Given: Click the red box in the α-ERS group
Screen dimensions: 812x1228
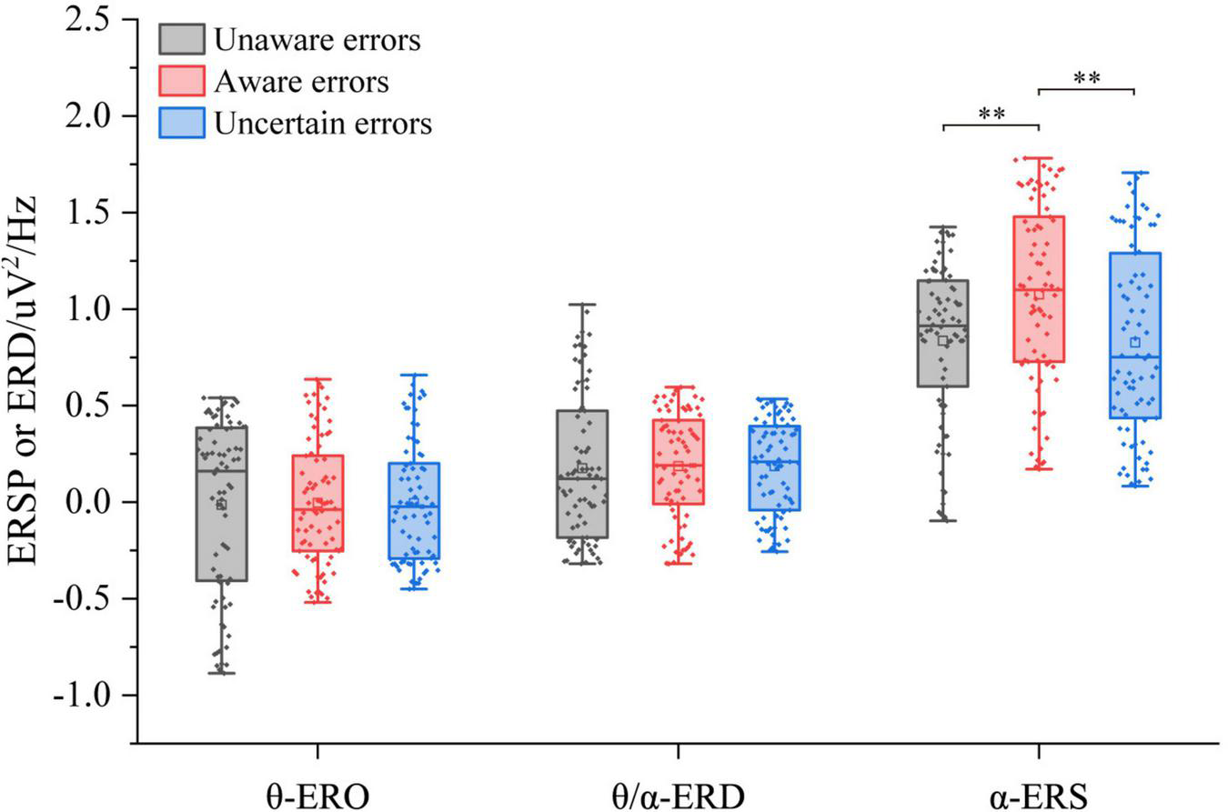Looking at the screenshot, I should point(1039,289).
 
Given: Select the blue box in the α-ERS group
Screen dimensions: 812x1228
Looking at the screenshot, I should point(1134,335).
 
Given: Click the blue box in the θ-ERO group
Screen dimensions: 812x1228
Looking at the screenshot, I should point(414,510).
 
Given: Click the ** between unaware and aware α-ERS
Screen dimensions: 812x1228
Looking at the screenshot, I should point(991,115).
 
